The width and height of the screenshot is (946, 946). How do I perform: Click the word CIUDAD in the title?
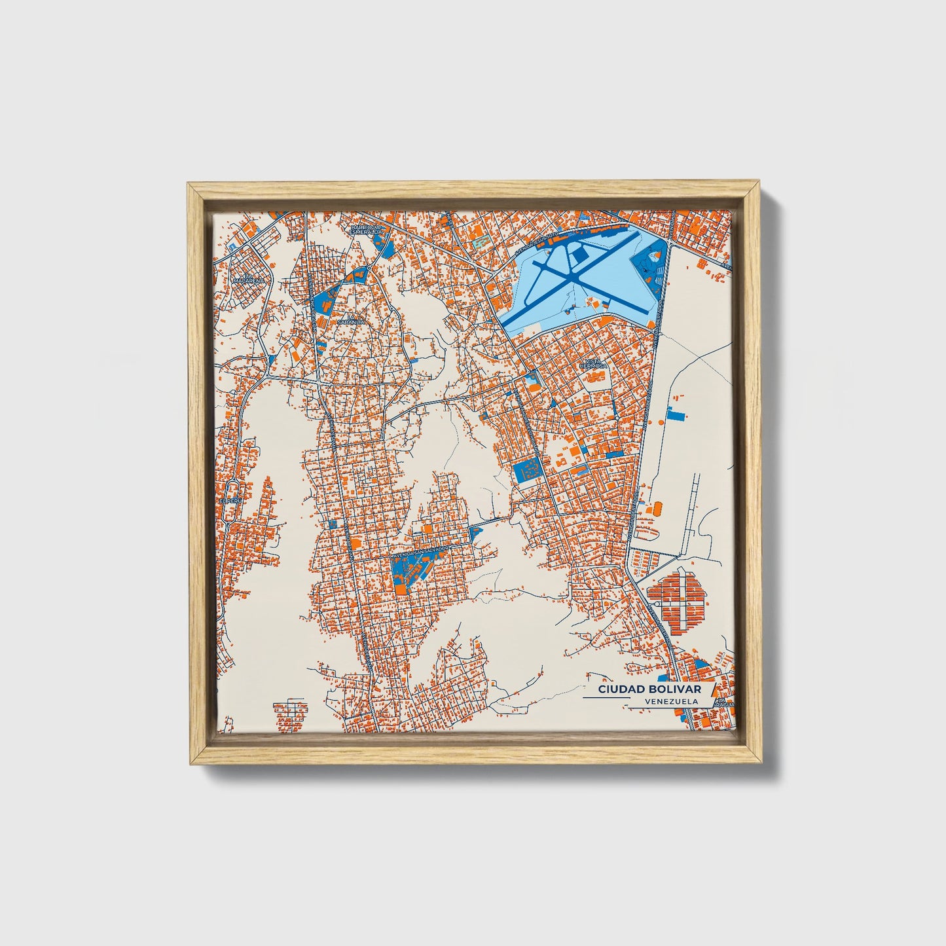point(619,690)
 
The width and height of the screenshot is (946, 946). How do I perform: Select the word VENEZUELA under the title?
point(670,701)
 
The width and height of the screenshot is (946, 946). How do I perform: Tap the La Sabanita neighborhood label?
point(346,320)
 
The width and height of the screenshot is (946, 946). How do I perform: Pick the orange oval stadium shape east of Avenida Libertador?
point(655,508)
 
